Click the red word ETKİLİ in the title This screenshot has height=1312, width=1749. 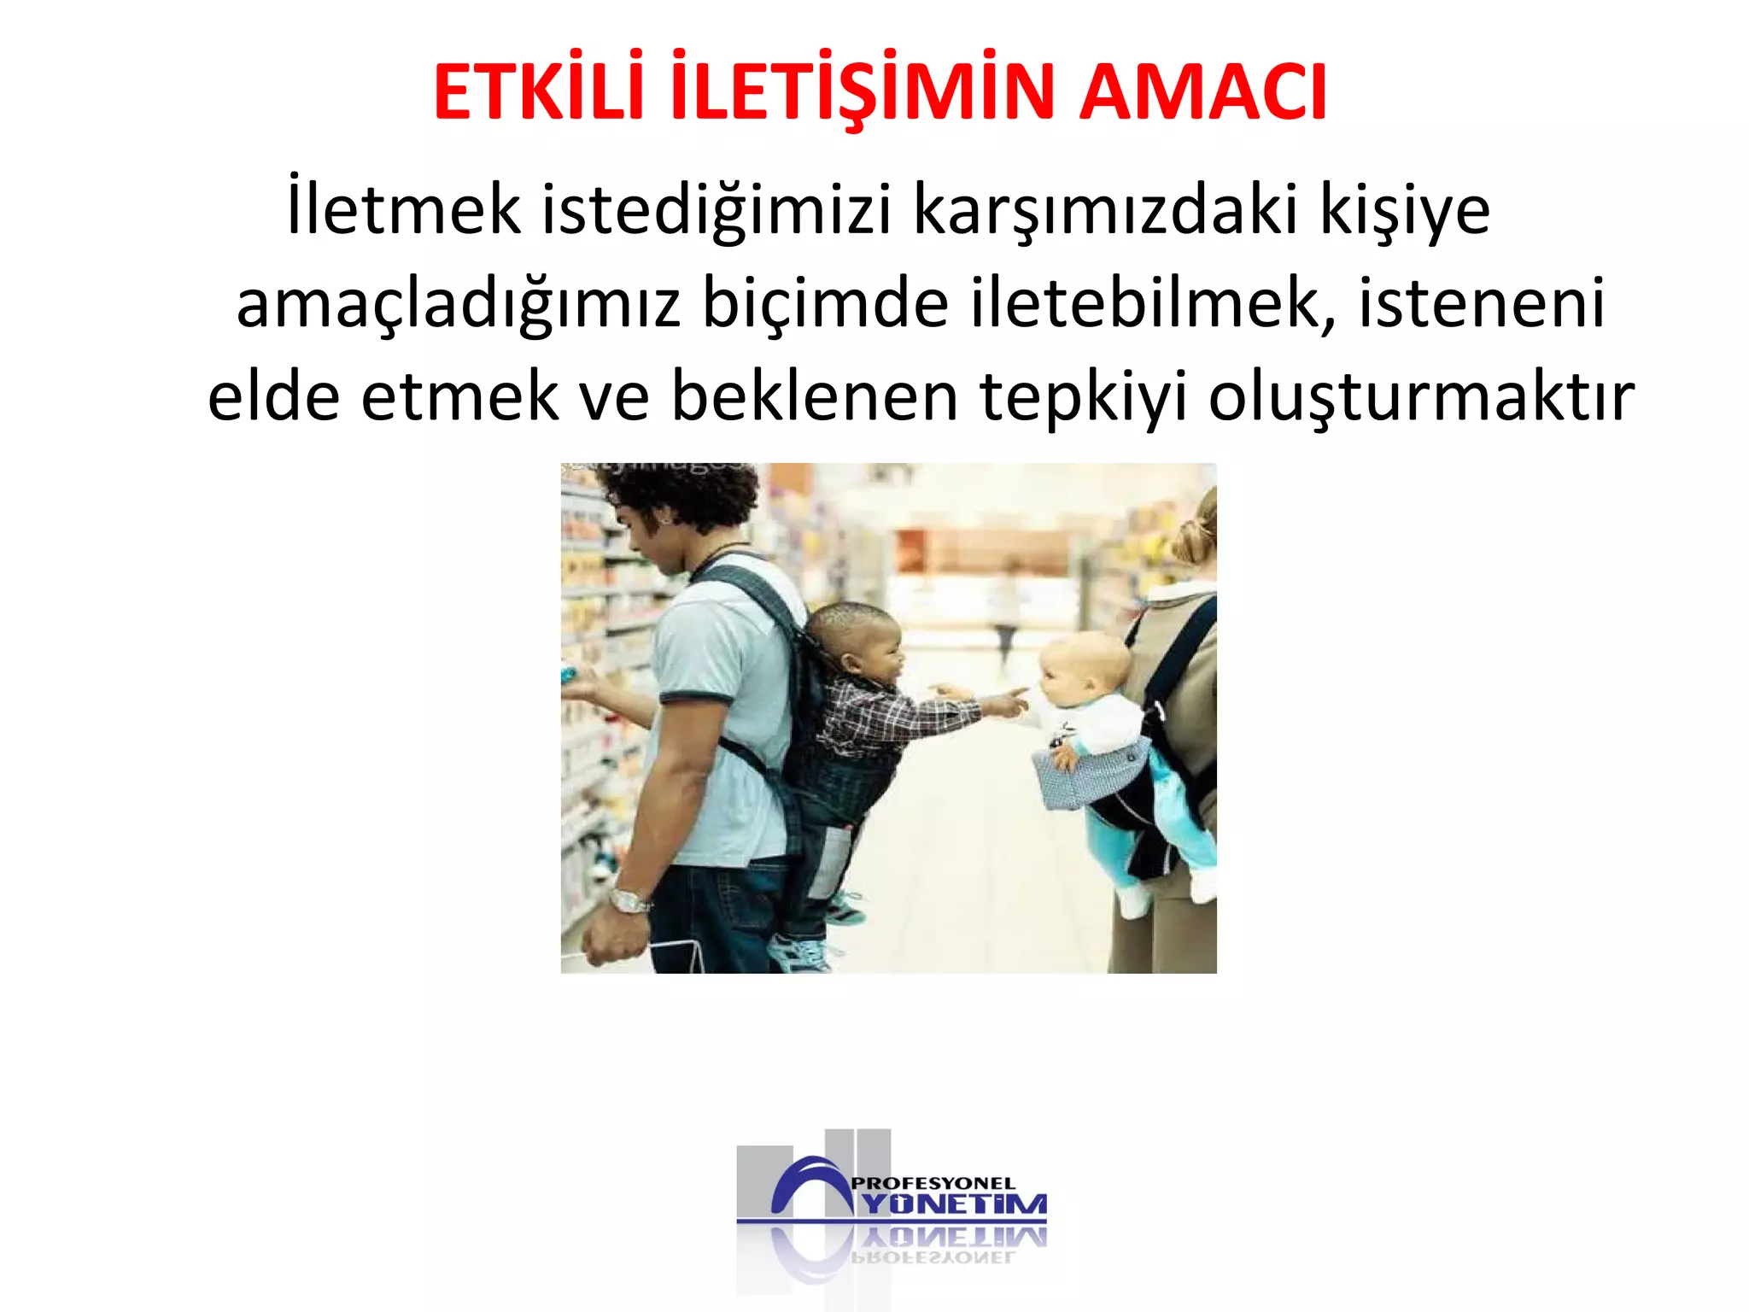[x=538, y=92]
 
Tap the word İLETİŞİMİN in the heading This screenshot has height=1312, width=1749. [x=863, y=92]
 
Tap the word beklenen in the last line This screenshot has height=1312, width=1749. [x=815, y=396]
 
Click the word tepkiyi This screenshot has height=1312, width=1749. [x=1084, y=398]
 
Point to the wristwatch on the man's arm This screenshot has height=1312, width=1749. [x=629, y=900]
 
